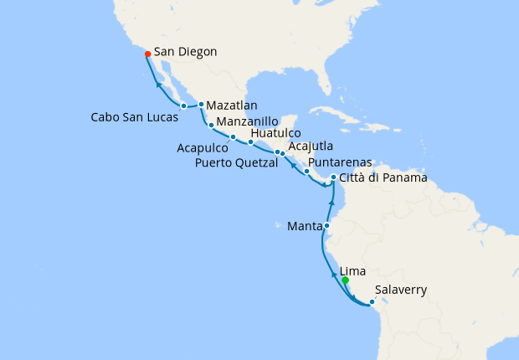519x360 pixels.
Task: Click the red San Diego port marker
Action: (147, 54)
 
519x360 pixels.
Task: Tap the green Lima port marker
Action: (345, 280)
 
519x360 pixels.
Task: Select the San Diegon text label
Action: (186, 52)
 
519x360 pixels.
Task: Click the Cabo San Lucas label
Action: (135, 117)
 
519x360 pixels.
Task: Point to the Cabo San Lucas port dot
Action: (183, 105)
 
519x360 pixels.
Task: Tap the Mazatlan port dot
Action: (202, 104)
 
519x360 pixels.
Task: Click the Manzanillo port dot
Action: (211, 125)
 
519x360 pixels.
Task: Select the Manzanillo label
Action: (249, 121)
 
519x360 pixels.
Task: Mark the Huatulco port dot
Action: (250, 141)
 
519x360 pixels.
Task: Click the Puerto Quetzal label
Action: (238, 162)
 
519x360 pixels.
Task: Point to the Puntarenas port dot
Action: (307, 172)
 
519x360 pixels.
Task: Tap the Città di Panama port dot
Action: (334, 177)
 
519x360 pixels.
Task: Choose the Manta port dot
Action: (327, 225)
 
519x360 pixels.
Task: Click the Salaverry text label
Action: (402, 291)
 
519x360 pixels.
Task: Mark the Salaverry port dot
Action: (372, 301)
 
